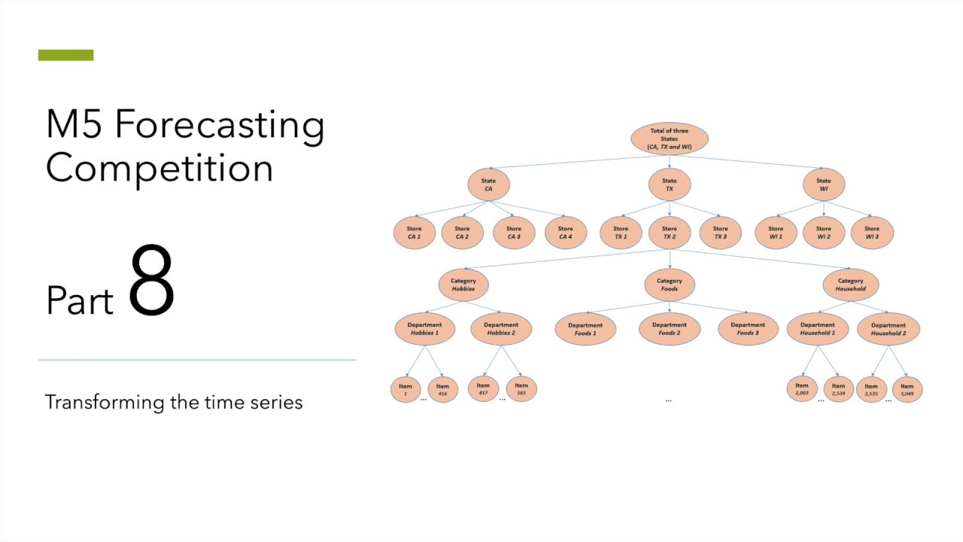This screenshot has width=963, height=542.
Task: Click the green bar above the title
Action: tap(66, 55)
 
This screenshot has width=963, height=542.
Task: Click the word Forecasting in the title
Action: tap(220, 124)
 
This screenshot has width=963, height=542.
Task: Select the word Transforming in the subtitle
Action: tap(105, 402)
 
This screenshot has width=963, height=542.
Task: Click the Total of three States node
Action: tap(669, 139)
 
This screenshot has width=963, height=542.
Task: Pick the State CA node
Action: tap(488, 184)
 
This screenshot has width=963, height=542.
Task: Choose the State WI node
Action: tap(824, 184)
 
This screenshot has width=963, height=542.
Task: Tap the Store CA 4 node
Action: tap(566, 233)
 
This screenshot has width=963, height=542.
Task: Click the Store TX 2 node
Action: tap(669, 233)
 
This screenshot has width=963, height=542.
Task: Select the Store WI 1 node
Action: tap(776, 233)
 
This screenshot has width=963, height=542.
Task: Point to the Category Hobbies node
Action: tap(463, 285)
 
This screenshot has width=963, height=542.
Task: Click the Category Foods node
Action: tap(669, 285)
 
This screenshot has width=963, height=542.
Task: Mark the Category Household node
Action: tap(850, 285)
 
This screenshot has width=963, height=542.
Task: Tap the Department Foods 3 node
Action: tap(748, 329)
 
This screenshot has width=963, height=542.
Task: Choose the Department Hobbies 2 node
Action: tap(500, 329)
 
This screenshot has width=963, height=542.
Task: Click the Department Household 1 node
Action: tap(817, 329)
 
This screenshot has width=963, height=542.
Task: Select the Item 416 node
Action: tap(442, 389)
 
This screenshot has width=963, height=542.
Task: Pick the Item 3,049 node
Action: tap(907, 389)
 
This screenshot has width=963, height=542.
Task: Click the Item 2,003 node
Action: tap(802, 389)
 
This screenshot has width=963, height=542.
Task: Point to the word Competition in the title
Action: tap(159, 167)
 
